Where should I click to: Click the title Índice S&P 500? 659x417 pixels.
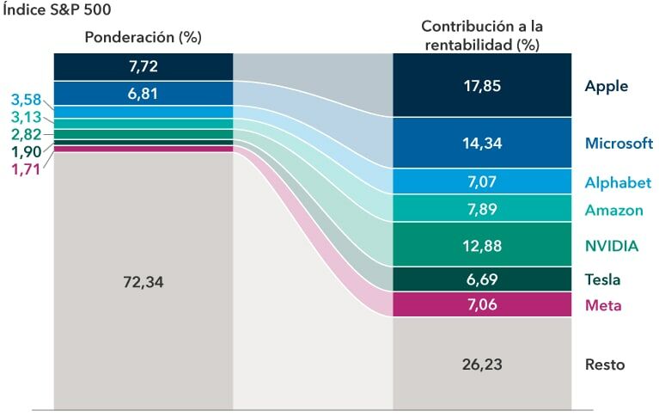(x=56, y=10)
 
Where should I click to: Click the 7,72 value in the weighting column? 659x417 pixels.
(x=143, y=65)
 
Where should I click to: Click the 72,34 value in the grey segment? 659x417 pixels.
(x=143, y=282)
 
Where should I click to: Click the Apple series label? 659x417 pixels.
(x=606, y=86)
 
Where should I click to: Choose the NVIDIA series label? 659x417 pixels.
(x=611, y=246)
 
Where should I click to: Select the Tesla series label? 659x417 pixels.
(x=602, y=279)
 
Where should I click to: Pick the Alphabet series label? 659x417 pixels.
(x=618, y=182)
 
